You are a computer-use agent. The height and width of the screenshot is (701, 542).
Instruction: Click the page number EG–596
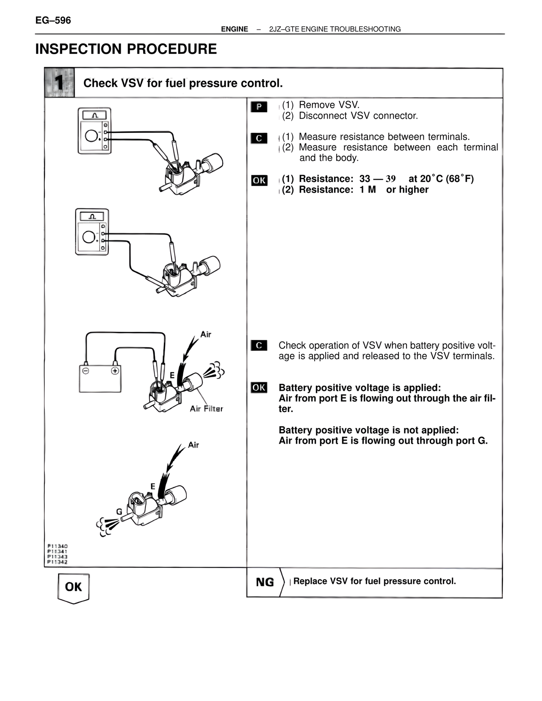point(53,21)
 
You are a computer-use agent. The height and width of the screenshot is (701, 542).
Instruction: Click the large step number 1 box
point(59,83)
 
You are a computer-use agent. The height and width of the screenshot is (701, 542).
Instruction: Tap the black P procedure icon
point(259,107)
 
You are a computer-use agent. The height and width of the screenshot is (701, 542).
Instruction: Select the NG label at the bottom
point(265,582)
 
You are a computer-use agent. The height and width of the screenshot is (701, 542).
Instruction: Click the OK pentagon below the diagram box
point(74,588)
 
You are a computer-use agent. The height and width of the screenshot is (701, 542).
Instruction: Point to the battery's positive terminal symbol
point(115,371)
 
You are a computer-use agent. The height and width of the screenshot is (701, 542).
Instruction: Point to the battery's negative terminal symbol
point(86,371)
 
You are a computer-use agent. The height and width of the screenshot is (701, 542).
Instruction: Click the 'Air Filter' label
point(207,409)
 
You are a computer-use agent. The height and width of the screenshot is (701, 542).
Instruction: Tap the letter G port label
point(119,511)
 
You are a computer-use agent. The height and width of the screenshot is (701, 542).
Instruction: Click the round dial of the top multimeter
point(91,136)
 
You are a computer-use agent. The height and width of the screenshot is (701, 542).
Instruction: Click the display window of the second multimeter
point(92,216)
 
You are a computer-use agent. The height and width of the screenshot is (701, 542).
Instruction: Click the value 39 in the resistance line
point(391,179)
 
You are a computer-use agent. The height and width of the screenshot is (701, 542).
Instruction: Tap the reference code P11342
point(58,562)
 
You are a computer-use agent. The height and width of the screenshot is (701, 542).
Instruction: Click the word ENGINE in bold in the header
point(235,29)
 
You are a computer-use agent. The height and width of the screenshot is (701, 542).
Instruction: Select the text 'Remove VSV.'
point(329,105)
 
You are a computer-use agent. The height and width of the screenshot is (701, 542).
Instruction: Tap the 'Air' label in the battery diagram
point(206,334)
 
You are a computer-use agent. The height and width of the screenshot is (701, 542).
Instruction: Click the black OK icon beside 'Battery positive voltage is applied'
point(259,387)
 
